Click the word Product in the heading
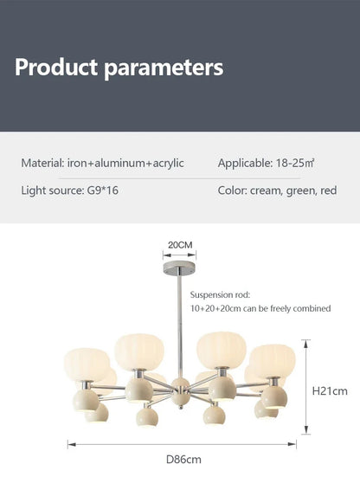point(56,67)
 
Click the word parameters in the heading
point(164,68)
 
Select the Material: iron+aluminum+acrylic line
point(102,164)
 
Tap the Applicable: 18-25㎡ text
point(266,164)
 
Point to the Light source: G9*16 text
point(69,190)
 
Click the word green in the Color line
point(299,191)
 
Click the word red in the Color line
point(328,190)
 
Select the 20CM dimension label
point(180,245)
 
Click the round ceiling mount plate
point(179,268)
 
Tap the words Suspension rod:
point(220,295)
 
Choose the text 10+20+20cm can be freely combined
point(260,308)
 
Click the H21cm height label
point(330,391)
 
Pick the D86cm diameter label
point(183,460)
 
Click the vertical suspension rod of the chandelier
point(180,322)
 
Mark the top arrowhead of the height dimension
point(306,344)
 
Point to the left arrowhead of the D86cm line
point(72,444)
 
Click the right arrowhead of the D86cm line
point(292,444)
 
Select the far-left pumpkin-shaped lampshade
point(87,364)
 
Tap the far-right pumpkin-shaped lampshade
point(273,361)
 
